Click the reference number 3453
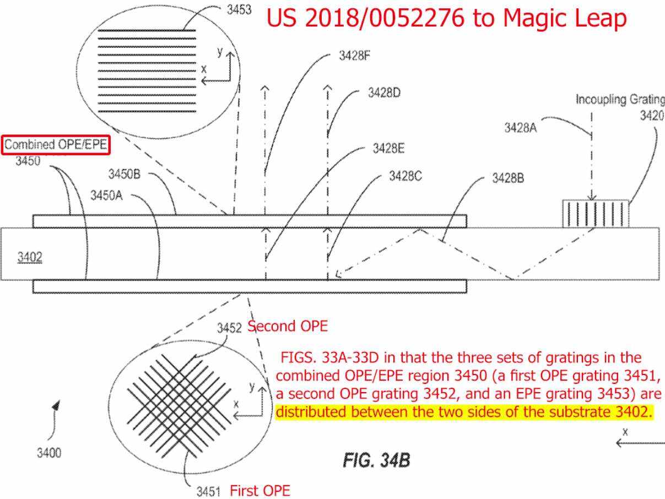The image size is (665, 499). click(239, 10)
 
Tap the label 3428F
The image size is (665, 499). click(354, 56)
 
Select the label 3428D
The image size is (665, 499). click(384, 93)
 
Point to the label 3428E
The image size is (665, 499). click(388, 148)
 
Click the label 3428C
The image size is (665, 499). click(406, 176)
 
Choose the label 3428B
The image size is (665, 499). click(508, 178)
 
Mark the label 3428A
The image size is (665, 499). click(521, 128)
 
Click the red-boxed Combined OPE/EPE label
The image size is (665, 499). click(56, 145)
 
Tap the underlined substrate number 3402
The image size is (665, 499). click(30, 257)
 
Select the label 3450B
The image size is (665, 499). click(125, 174)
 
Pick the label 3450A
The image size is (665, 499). click(107, 196)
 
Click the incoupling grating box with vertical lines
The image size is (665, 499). click(596, 214)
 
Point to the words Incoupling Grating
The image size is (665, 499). click(620, 99)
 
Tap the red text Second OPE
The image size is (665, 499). click(288, 326)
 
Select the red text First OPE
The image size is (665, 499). click(260, 491)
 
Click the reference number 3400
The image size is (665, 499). click(49, 453)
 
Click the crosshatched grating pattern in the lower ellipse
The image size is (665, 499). click(179, 406)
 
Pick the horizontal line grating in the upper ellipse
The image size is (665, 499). click(147, 71)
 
